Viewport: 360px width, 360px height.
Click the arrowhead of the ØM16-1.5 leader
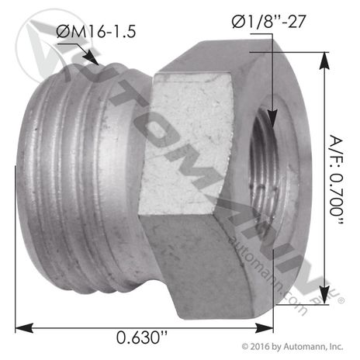point(95,61)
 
